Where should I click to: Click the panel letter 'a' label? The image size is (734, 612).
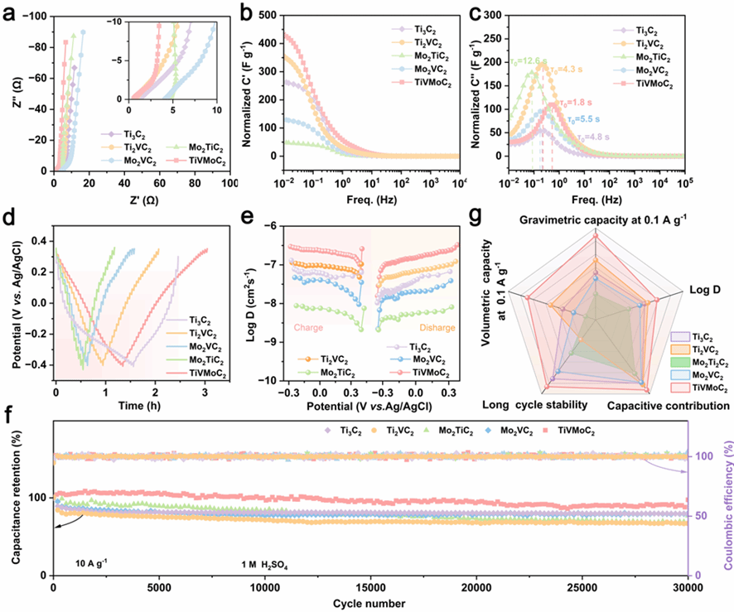click(x=10, y=12)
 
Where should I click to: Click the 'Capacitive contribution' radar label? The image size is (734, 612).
click(x=668, y=406)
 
